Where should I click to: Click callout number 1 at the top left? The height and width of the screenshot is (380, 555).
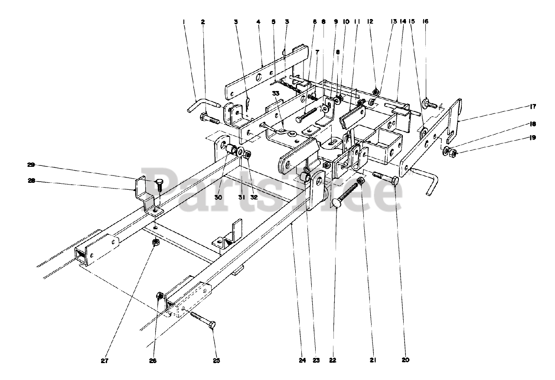tap(184, 21)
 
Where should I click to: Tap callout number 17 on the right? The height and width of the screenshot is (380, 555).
tap(532, 107)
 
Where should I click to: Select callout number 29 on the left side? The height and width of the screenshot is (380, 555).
tap(31, 165)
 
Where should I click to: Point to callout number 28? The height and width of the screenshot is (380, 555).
tap(31, 182)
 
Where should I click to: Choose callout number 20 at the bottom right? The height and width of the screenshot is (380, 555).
tap(405, 360)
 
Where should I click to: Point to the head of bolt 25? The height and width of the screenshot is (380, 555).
tap(212, 324)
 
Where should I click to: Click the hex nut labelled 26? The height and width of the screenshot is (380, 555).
tap(159, 296)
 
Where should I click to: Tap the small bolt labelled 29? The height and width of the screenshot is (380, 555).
tap(159, 185)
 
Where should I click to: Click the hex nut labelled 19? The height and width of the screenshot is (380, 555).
tap(451, 152)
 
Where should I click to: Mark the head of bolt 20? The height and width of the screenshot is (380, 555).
tap(395, 181)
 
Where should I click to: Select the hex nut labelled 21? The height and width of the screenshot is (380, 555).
tap(361, 181)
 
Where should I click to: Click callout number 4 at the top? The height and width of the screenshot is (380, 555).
tap(258, 21)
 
